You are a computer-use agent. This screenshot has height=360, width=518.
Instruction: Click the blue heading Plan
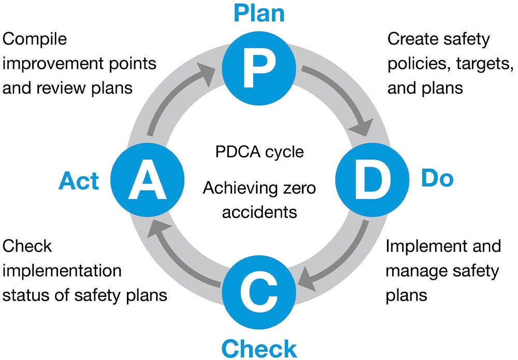pyautogui.click(x=258, y=13)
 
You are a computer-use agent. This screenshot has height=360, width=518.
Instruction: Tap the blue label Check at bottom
pyautogui.click(x=258, y=348)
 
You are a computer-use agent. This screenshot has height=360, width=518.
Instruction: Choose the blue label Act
pyautogui.click(x=79, y=181)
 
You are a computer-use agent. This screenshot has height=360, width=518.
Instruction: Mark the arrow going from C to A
pyautogui.click(x=176, y=259)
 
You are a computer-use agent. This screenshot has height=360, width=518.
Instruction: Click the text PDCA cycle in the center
pyautogui.click(x=259, y=153)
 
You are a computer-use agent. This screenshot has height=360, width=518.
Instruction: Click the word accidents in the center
pyautogui.click(x=259, y=211)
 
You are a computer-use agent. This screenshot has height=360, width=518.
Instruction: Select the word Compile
pyautogui.click(x=35, y=39)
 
